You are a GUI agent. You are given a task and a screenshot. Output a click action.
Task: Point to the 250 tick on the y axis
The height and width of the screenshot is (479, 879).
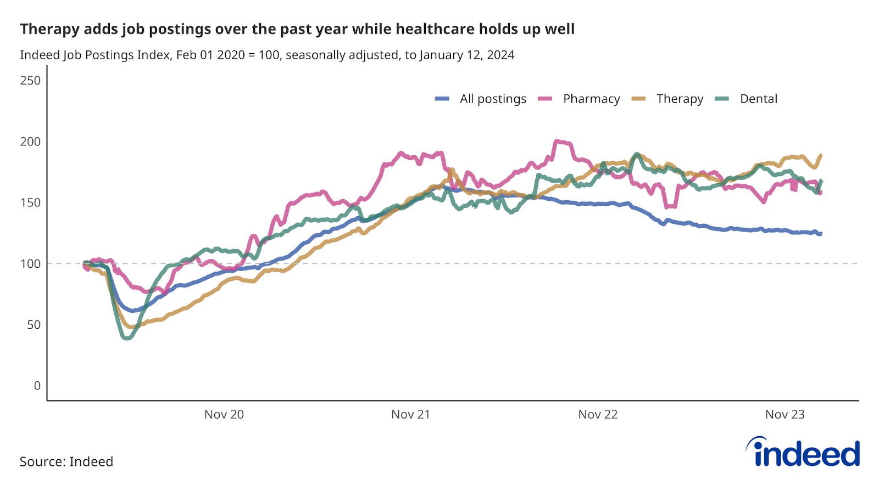[x=30, y=81]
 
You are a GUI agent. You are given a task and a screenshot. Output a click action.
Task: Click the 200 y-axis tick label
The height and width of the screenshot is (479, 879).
[x=30, y=142]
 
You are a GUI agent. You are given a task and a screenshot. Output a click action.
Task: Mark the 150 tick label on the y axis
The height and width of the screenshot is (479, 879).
[x=30, y=202]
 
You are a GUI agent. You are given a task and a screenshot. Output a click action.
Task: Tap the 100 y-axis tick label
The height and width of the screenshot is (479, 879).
[x=30, y=263]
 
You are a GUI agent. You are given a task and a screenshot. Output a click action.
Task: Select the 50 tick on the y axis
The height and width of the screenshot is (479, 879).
[x=34, y=324]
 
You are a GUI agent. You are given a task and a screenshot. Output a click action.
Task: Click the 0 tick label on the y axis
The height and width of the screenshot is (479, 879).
[x=37, y=386]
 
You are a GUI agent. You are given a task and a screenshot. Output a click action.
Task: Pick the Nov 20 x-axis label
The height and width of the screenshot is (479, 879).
[x=224, y=414]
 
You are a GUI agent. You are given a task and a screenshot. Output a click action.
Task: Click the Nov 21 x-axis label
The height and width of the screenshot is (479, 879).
[x=410, y=414]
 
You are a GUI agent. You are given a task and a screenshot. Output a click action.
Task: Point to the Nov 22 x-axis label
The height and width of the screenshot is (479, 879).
[x=598, y=414]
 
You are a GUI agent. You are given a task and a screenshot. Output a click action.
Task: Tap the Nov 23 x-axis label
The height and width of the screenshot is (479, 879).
[x=785, y=414]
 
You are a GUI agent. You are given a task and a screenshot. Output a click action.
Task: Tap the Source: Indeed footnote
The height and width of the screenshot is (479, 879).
[x=66, y=461]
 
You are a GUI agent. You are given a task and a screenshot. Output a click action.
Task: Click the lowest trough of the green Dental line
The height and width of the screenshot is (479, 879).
[x=127, y=338]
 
